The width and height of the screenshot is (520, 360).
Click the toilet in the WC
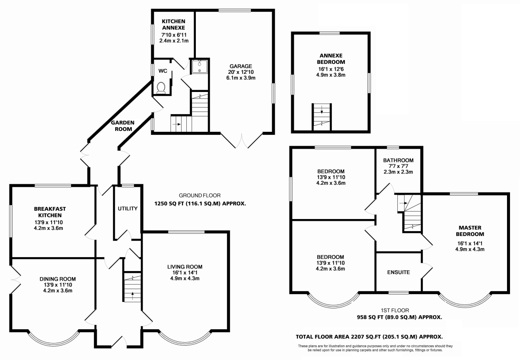pos(161,88)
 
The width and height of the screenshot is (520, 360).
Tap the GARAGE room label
pos(241,66)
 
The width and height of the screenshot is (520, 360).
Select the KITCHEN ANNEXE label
pos(173,24)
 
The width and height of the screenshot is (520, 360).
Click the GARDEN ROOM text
pos(123,126)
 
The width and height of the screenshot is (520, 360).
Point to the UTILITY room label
pos(128,209)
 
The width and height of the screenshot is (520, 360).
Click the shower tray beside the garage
pos(199,67)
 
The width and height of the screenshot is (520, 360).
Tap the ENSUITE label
pos(399,272)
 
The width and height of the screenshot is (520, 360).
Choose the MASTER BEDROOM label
pos(470,231)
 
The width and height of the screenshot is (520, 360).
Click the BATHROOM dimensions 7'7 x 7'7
pos(398,166)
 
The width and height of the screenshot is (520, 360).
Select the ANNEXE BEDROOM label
pos(331,59)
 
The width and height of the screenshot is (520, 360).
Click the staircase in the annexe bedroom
pos(322,117)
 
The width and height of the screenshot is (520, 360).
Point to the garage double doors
pos(242,141)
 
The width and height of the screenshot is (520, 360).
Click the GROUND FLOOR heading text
pos(200,196)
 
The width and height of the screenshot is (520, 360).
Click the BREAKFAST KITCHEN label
pos(50,212)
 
